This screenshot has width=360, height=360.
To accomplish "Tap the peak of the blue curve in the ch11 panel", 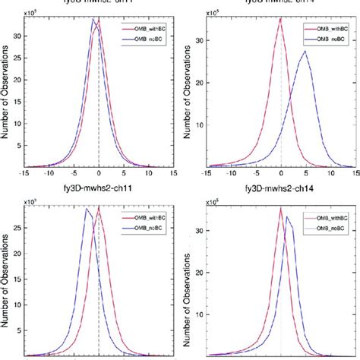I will (87, 210).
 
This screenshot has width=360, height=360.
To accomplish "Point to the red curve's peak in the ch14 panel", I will (280, 208).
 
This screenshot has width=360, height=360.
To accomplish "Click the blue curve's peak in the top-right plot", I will (305, 51).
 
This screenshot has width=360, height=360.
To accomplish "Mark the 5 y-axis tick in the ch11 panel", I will (21, 333).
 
